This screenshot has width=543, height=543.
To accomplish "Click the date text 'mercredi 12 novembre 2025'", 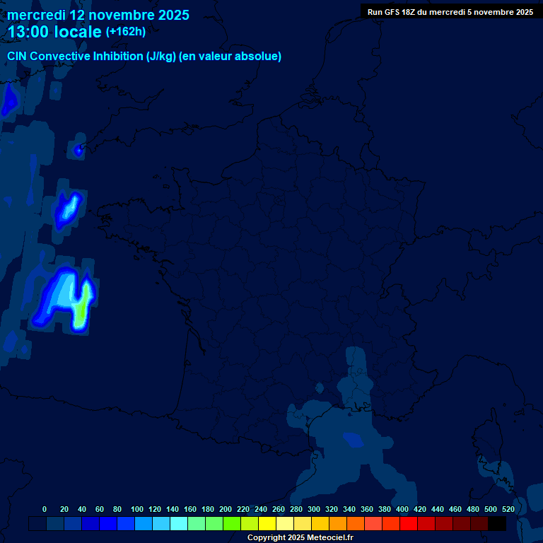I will pyautogui.click(x=98, y=15).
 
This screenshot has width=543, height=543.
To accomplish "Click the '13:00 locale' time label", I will pyautogui.click(x=54, y=32).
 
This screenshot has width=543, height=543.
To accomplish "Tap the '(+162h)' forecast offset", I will pyautogui.click(x=126, y=32).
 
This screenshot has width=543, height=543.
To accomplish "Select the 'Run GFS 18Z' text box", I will pyautogui.click(x=450, y=12).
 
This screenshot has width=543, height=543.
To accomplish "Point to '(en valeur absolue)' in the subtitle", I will pyautogui.click(x=230, y=57).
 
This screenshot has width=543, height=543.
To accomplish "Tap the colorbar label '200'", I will pyautogui.click(x=226, y=509).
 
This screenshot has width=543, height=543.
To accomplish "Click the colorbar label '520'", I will pyautogui.click(x=508, y=509).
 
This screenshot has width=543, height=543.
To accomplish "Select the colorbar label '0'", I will pyautogui.click(x=45, y=509).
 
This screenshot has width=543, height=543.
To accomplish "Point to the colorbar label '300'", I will pyautogui.click(x=314, y=509).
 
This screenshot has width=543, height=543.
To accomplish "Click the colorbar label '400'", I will pyautogui.click(x=402, y=509).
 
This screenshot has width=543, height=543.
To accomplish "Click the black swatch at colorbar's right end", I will pyautogui.click(x=497, y=524).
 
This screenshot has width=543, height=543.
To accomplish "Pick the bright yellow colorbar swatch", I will pyautogui.click(x=267, y=524).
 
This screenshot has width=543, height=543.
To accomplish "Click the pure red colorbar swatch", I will pyautogui.click(x=409, y=524).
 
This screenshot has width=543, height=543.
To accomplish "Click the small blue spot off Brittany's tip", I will pyautogui.click(x=78, y=150).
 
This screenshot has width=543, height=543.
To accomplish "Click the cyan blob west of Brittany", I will pyautogui.click(x=69, y=208).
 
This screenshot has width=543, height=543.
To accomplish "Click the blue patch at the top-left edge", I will pyautogui.click(x=9, y=101).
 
